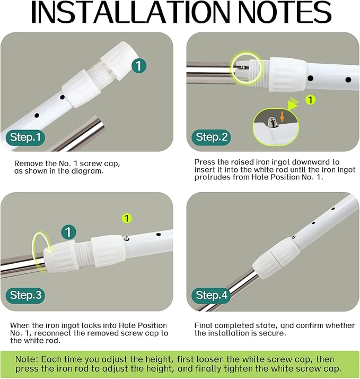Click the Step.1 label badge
(x=25, y=137)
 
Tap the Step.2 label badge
(x=211, y=137)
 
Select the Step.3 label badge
(x=25, y=295)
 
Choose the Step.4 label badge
(x=211, y=295)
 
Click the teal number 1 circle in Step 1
(x=139, y=65)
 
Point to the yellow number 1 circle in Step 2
(x=311, y=100)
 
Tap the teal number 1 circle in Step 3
(x=68, y=232)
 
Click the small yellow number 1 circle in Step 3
(x=127, y=218)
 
